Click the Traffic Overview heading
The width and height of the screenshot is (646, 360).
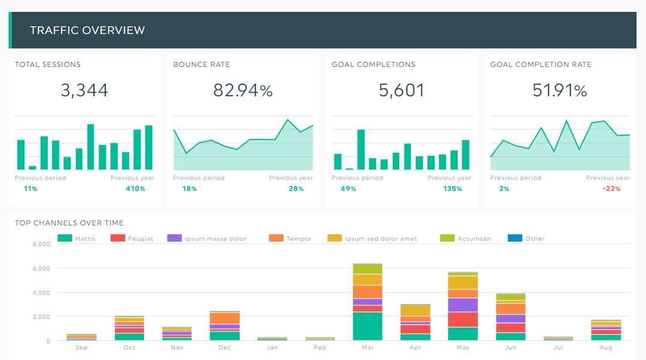coord(87,30)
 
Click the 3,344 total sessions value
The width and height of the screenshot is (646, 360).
coord(84,90)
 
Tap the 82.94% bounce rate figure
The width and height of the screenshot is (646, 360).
coord(243,90)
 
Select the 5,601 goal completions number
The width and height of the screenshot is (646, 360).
coord(401,90)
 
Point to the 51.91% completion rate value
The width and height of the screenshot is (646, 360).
coord(560,90)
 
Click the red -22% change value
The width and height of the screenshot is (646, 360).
coord(611,189)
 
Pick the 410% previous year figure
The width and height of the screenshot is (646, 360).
coord(135,189)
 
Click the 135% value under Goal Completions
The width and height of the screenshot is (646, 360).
coord(452,189)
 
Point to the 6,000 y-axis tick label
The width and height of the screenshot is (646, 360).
coord(41,269)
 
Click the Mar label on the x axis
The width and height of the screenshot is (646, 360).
coord(367,348)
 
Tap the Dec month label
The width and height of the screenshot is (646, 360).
coord(224,348)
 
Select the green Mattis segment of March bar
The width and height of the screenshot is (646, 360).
coord(367,326)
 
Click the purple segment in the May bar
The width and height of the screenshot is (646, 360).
coord(463,305)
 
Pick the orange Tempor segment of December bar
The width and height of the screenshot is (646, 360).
coord(224,318)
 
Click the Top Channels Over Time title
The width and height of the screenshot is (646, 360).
coord(69,223)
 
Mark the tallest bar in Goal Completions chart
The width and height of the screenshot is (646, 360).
coord(361,150)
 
